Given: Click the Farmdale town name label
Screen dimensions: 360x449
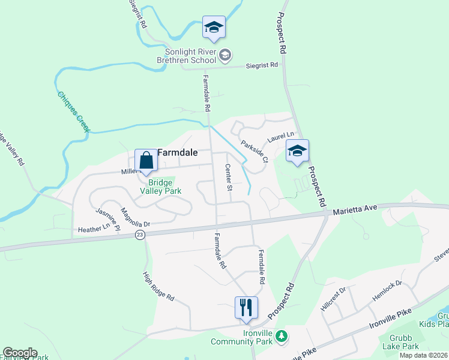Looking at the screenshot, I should click(x=177, y=152).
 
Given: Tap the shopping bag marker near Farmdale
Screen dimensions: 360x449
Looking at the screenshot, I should click(x=146, y=161).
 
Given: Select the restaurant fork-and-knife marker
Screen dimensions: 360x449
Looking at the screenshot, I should click(x=246, y=308).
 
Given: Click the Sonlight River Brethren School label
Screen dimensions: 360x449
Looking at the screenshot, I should click(x=186, y=56).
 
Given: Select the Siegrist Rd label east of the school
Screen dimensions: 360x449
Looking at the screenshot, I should click(x=262, y=65).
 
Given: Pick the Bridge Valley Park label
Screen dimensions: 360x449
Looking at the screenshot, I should click(x=160, y=186).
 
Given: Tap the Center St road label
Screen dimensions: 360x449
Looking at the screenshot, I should click(x=228, y=177).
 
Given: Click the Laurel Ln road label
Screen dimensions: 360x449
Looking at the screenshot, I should click(x=281, y=137).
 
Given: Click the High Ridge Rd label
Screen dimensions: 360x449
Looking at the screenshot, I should click(x=158, y=286).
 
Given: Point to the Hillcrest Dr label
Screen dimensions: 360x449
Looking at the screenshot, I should click(x=333, y=298).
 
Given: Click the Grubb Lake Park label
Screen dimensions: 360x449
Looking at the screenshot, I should click(x=401, y=342).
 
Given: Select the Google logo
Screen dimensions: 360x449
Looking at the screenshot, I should click(x=20, y=353).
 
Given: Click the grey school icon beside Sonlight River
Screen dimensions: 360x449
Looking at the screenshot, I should click(x=224, y=56).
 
